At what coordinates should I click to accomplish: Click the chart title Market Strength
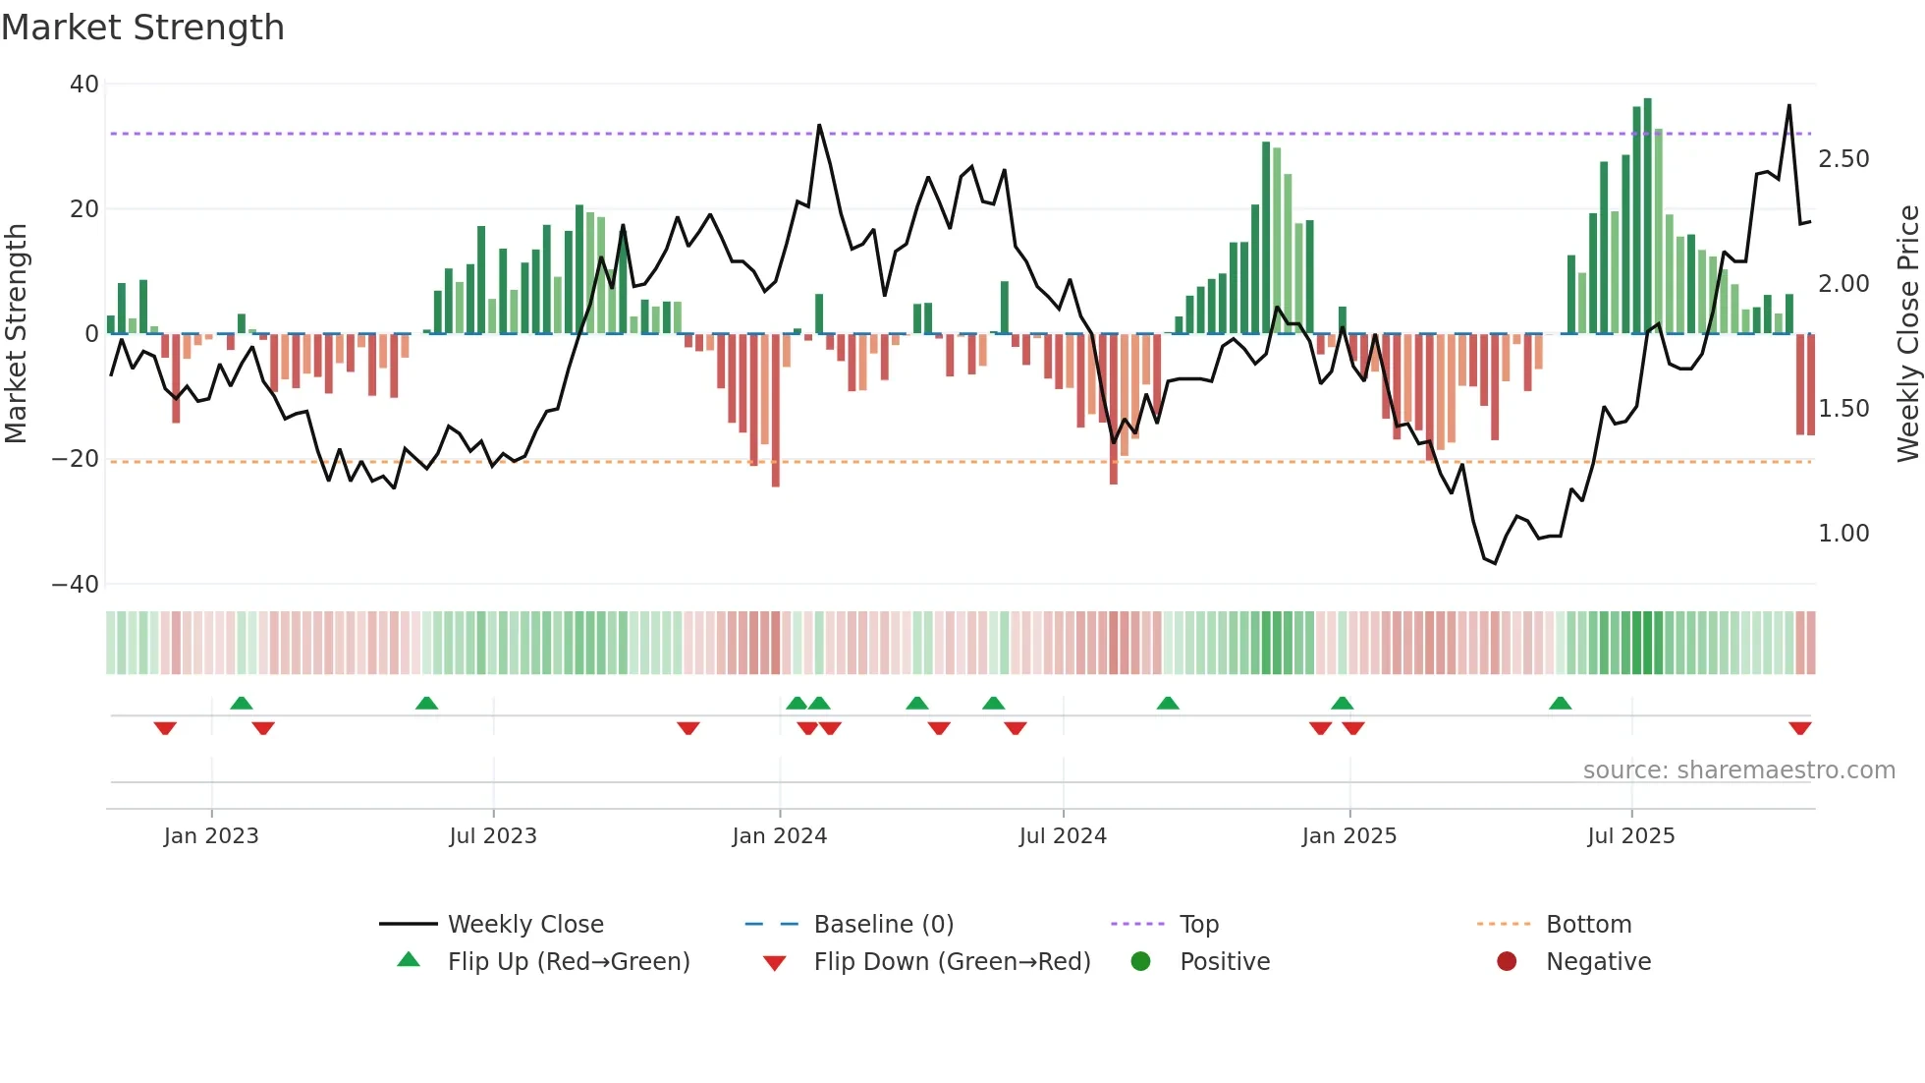point(142,28)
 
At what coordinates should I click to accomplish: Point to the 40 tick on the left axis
point(84,85)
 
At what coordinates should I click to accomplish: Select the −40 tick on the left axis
point(76,585)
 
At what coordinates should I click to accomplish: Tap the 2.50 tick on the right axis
point(1843,159)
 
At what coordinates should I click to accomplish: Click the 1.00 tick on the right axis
point(1843,534)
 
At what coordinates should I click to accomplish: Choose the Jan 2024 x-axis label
point(780,836)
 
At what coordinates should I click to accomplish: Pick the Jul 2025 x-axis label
point(1631,836)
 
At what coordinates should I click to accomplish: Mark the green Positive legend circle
point(1140,962)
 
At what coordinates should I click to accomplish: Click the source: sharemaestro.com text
point(1738,770)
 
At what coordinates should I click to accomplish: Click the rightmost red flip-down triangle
point(1799,728)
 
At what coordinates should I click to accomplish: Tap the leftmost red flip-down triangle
point(165,728)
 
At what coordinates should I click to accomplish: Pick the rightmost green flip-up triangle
point(1560,703)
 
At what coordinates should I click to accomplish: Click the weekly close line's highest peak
point(1788,106)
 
